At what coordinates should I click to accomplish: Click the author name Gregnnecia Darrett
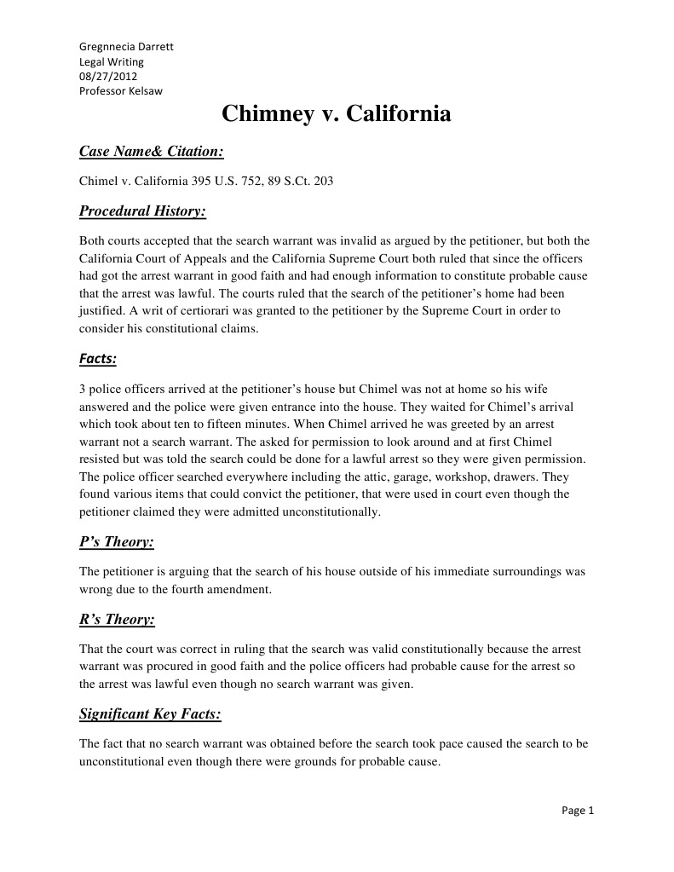126,46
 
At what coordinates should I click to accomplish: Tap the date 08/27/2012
102,76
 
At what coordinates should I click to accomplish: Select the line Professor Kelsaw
120,91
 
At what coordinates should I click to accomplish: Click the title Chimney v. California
337,114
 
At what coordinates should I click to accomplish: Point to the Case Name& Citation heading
152,152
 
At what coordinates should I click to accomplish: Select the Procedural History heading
142,211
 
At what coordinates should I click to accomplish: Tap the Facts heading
97,359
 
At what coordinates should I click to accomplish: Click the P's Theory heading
116,542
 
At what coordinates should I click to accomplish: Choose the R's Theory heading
117,620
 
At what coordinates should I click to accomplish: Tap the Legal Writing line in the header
112,61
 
